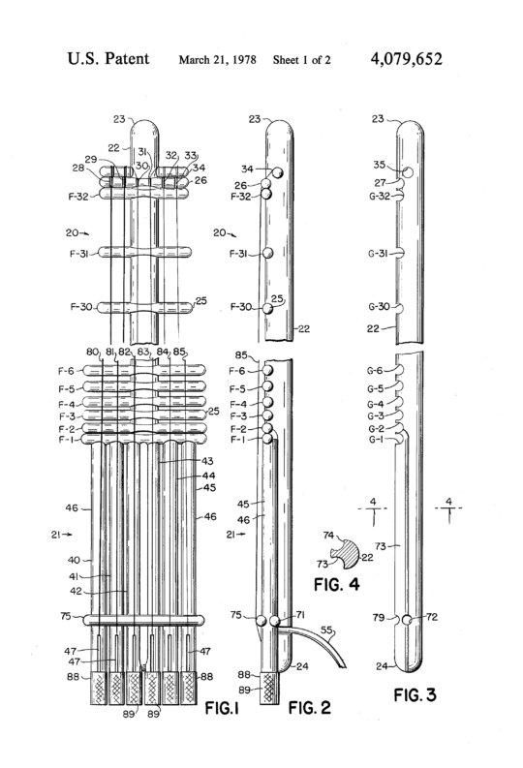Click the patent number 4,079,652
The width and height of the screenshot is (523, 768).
(407, 59)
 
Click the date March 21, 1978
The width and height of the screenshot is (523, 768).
(217, 60)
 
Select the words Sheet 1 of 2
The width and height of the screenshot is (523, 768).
(301, 60)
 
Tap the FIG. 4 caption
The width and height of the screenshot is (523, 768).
(336, 584)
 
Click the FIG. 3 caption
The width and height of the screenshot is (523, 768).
(415, 694)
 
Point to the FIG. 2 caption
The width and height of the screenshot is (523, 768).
(310, 707)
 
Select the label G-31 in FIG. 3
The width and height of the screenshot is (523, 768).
(378, 254)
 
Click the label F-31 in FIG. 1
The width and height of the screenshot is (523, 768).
(78, 254)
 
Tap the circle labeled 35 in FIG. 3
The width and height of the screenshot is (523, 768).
(408, 172)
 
